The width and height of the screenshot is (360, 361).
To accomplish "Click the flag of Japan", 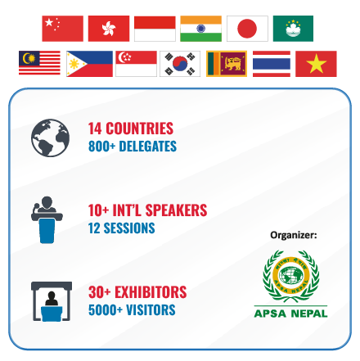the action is (x=247, y=29).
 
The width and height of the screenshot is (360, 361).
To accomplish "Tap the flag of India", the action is (x=200, y=29).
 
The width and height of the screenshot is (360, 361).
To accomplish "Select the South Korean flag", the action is (x=180, y=64).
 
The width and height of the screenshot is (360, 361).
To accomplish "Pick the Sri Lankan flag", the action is (x=227, y=64).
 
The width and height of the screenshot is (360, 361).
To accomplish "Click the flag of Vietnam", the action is (x=316, y=64).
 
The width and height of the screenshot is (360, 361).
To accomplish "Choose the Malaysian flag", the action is (x=39, y=63).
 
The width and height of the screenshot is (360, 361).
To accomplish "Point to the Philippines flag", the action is (x=89, y=64).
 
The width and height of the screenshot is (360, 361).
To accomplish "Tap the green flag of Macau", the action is (x=293, y=29).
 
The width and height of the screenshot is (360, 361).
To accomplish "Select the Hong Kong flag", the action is (x=109, y=29).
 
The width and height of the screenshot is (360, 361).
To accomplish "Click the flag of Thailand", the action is (x=272, y=64).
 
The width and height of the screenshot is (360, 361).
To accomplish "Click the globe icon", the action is (x=50, y=138).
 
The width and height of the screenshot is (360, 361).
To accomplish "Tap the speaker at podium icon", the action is (x=47, y=219).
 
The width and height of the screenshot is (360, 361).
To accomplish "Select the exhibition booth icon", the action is (x=52, y=301).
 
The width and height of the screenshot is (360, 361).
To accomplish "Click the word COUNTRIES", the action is (x=139, y=129).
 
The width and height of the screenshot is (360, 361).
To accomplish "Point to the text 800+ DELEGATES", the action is (x=133, y=147).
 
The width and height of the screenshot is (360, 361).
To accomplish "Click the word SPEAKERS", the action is (x=176, y=210).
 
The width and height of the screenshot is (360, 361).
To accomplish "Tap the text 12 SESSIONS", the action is (x=122, y=228).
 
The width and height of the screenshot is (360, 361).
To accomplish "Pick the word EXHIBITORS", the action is (x=151, y=292).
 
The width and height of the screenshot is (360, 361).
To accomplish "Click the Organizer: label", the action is (x=294, y=235).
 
